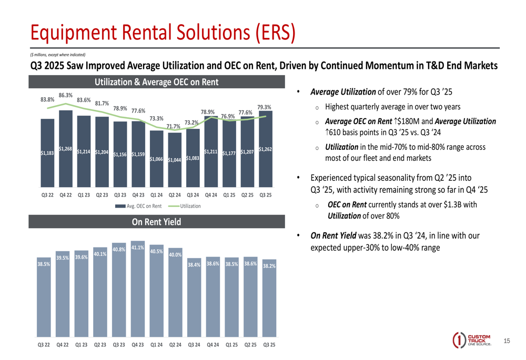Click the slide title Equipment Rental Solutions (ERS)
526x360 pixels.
click(162, 33)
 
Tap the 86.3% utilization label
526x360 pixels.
click(66, 95)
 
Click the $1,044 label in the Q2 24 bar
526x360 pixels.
click(174, 160)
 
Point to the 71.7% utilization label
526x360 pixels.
click(174, 126)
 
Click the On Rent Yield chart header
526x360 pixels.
click(156, 222)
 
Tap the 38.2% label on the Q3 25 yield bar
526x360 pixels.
click(269, 266)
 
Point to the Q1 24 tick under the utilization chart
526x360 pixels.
click(156, 194)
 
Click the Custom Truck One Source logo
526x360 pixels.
click(472, 340)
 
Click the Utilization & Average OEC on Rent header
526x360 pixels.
click(156, 81)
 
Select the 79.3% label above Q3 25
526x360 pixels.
click(264, 107)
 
